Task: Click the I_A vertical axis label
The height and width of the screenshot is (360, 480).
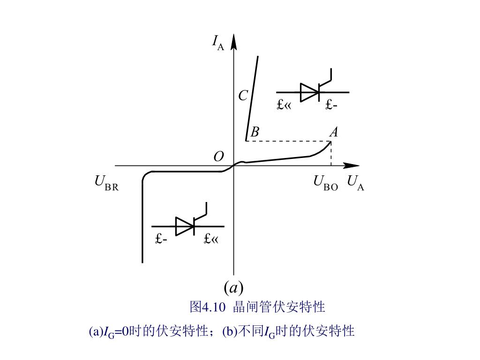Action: (x=218, y=43)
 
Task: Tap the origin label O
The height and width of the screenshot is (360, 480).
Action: (x=218, y=157)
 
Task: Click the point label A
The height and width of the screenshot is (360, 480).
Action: (x=333, y=133)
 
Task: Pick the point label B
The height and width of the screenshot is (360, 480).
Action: (x=255, y=133)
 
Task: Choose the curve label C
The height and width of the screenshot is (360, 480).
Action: (x=243, y=96)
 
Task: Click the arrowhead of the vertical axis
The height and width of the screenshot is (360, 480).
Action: (x=234, y=41)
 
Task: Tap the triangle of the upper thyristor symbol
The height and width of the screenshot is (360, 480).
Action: (x=309, y=92)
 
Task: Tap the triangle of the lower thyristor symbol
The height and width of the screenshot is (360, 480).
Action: (x=184, y=226)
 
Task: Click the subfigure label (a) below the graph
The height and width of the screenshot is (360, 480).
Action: (x=233, y=287)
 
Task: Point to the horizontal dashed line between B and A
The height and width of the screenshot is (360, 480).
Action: (x=288, y=141)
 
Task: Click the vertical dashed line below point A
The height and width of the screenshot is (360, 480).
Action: (x=331, y=154)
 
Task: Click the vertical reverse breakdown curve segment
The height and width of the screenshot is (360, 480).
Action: (x=142, y=220)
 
